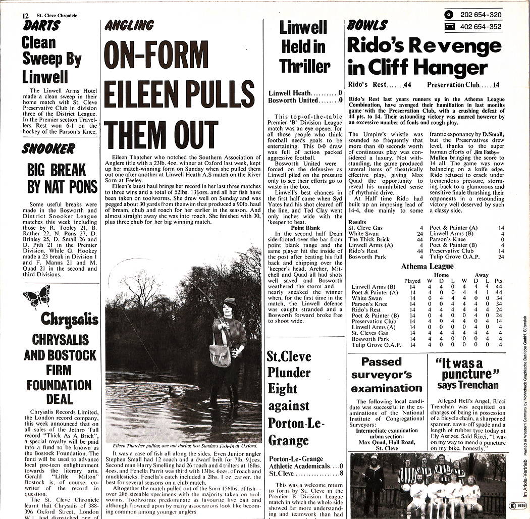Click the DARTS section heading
41,26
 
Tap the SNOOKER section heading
48,148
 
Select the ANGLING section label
129,25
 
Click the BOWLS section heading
367,25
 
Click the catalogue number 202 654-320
481,15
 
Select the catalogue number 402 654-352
481,27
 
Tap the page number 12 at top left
25,16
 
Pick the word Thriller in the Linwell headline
304,66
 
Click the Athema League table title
427,266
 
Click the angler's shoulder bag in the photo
220,355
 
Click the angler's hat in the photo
229,302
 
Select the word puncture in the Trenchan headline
466,374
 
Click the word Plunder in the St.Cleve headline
288,373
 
